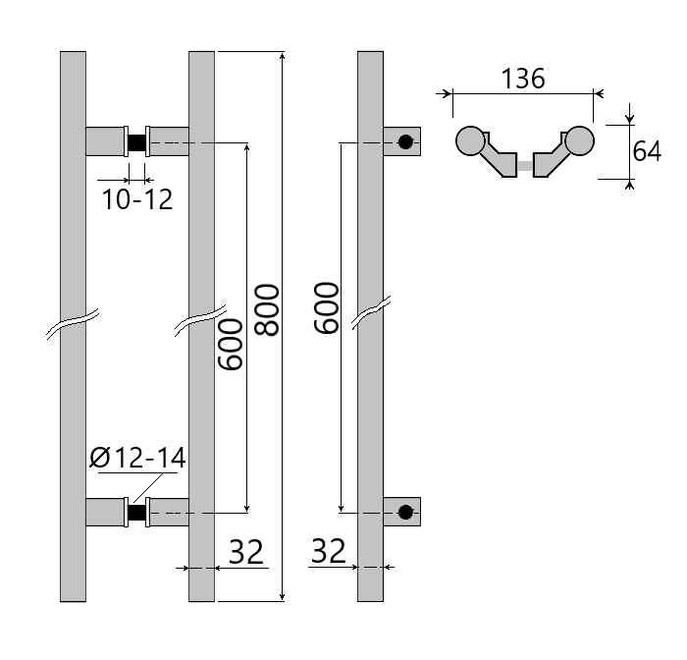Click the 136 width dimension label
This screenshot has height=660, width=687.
coord(523,79)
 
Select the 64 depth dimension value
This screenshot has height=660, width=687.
coord(647,152)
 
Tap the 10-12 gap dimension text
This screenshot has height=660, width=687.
coord(137,200)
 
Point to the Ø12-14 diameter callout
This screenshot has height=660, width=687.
coord(137,458)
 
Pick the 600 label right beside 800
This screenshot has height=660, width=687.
coord(230,344)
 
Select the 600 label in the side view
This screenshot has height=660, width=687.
coord(326,307)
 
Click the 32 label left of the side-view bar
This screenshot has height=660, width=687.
coord(329,552)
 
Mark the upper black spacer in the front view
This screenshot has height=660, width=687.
coord(136,142)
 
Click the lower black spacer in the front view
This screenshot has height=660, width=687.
coord(136,512)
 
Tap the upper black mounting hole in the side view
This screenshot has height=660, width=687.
coord(405,142)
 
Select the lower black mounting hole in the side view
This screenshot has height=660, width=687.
coord(405,512)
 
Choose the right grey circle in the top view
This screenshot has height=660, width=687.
coord(579,141)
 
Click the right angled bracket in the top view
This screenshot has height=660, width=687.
coord(551,160)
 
